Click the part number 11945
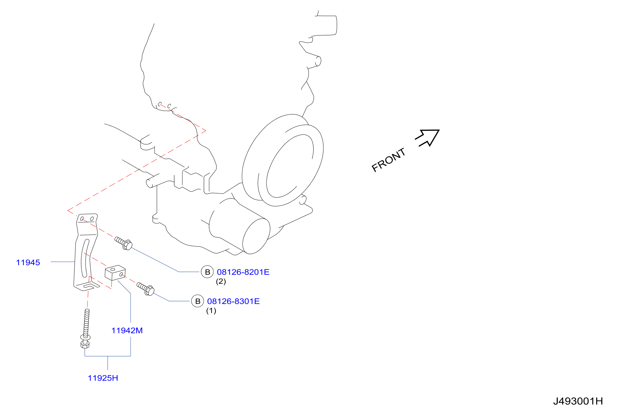click(x=28, y=262)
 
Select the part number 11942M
click(x=127, y=330)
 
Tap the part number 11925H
click(x=103, y=378)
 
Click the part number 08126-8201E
click(x=243, y=272)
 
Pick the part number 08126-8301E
click(x=233, y=301)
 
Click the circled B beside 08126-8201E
click(x=207, y=272)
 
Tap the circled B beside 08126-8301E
click(x=197, y=301)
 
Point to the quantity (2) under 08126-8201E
click(x=221, y=281)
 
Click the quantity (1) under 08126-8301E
click(x=211, y=311)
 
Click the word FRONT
click(x=388, y=160)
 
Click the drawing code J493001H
click(x=578, y=401)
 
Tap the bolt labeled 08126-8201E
click(x=123, y=243)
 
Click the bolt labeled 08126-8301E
click(x=145, y=288)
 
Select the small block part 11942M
click(x=115, y=273)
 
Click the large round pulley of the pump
click(x=282, y=160)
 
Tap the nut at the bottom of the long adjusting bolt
click(x=85, y=344)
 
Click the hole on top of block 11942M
click(x=113, y=269)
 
